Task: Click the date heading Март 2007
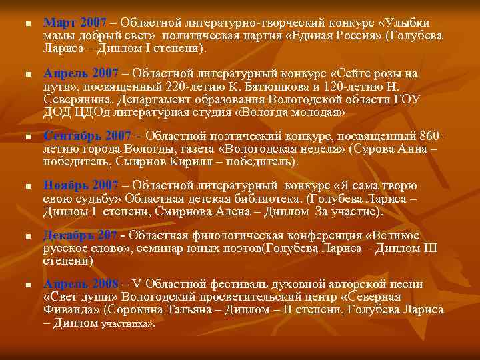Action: click(70, 22)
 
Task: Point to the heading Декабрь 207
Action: click(78, 235)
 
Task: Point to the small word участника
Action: click(126, 324)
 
